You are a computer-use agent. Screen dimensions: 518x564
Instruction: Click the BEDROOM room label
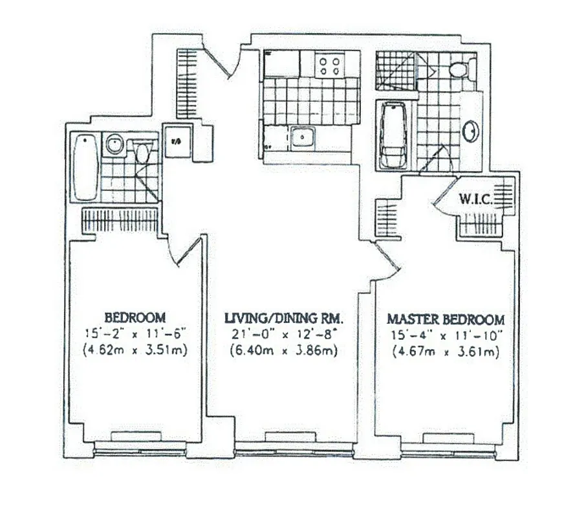[x=135, y=318]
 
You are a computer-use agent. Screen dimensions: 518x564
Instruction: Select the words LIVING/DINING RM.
[x=283, y=318]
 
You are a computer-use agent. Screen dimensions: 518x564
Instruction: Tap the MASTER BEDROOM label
[x=445, y=319]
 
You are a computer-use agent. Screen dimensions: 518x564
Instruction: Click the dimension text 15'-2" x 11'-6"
[x=135, y=334]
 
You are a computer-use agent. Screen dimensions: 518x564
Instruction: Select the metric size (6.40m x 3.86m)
[x=283, y=351]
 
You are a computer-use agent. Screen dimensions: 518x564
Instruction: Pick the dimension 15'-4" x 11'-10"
[x=445, y=335]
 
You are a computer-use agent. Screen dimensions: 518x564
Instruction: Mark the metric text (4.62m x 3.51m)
[x=135, y=351]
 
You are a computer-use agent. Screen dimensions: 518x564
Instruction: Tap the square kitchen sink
[x=302, y=137]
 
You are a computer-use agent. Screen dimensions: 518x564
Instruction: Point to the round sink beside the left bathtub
[x=114, y=144]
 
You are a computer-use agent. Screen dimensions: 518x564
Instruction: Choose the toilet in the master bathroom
[x=461, y=68]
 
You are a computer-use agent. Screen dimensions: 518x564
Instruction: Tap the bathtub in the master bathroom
[x=393, y=137]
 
